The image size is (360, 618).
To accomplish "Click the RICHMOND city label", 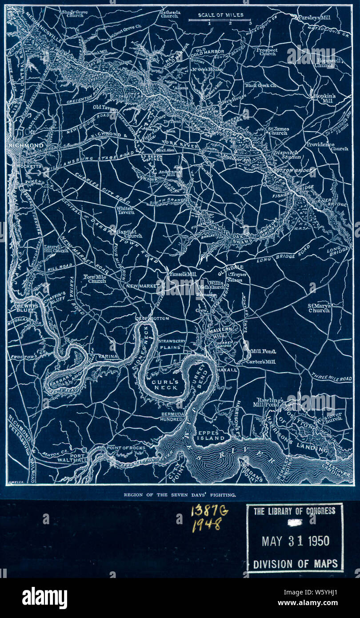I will point(27,145).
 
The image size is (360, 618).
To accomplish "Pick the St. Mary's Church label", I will point(319,308).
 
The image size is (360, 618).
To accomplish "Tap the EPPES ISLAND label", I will point(212,435).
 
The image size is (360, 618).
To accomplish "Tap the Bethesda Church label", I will point(169,14).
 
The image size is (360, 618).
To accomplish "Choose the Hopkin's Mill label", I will point(324,98).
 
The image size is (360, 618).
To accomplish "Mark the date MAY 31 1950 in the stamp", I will point(295,541).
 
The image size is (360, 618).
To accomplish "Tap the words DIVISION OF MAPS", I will point(295,564).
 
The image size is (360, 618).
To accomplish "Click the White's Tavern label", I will point(124,210).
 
